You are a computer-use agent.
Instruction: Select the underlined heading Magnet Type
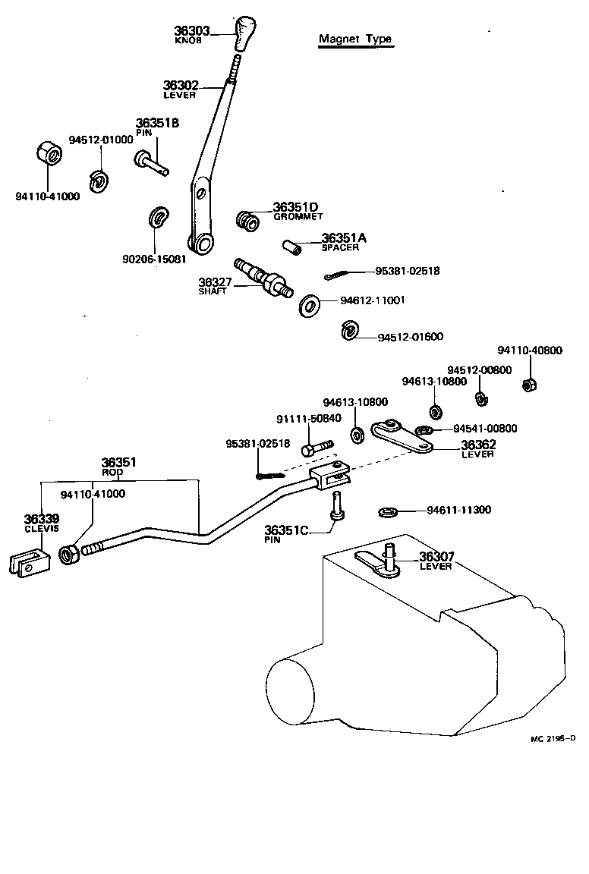(355, 39)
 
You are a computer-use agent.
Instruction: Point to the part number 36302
(181, 86)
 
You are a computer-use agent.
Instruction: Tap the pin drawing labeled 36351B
(151, 162)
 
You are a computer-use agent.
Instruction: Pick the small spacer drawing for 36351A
(291, 247)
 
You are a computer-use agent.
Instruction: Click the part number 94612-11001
(372, 300)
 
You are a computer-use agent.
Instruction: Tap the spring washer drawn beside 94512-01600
(348, 331)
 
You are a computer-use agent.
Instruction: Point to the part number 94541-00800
(485, 429)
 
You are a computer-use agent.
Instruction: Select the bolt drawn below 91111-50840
(316, 448)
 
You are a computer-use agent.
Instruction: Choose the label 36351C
(286, 530)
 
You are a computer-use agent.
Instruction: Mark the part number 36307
(436, 556)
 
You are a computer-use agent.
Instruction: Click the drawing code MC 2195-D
(553, 737)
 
